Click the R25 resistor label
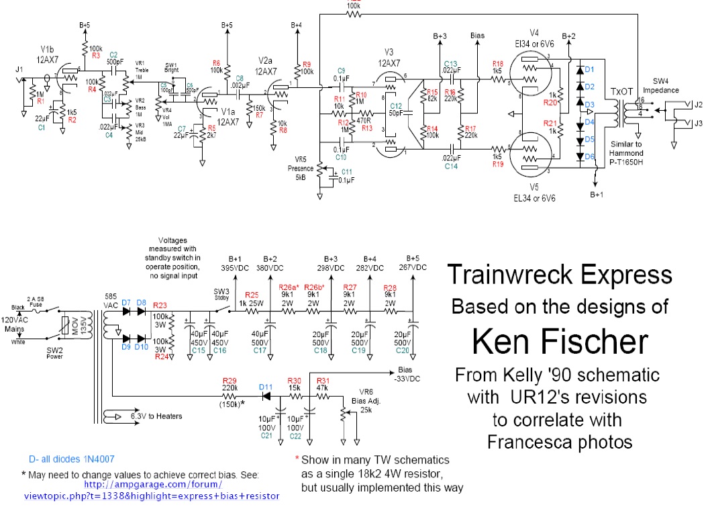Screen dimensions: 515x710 [252, 295]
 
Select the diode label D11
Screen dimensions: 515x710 [266, 387]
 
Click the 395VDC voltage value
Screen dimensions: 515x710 [234, 268]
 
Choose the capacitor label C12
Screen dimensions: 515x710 [395, 106]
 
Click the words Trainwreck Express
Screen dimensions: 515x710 [559, 274]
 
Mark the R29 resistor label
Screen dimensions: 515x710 [230, 380]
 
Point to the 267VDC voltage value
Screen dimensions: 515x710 [411, 268]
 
